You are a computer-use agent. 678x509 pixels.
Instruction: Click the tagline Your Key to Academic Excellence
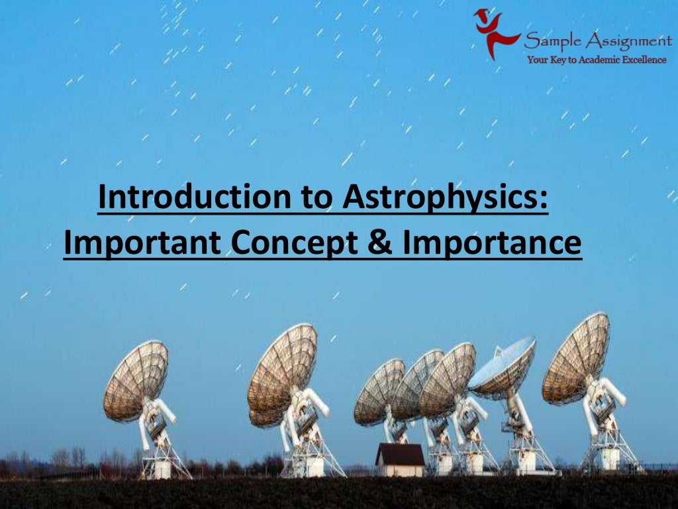pyautogui.click(x=597, y=60)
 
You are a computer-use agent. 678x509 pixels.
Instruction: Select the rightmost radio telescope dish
pyautogui.click(x=575, y=359)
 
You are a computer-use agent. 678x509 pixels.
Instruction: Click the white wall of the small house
pyautogui.click(x=400, y=471)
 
